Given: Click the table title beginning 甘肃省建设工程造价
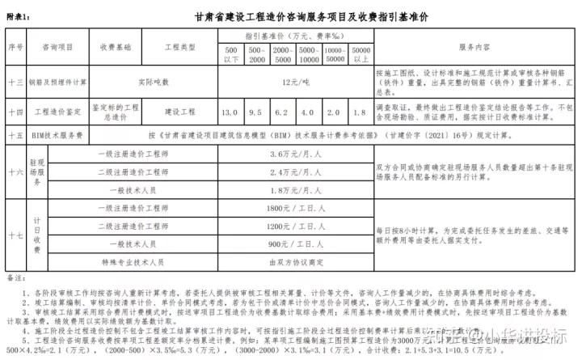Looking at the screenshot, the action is click(x=311, y=16).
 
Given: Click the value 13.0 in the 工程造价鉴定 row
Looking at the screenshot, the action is click(x=230, y=112).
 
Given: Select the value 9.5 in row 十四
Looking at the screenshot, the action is click(x=257, y=112).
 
